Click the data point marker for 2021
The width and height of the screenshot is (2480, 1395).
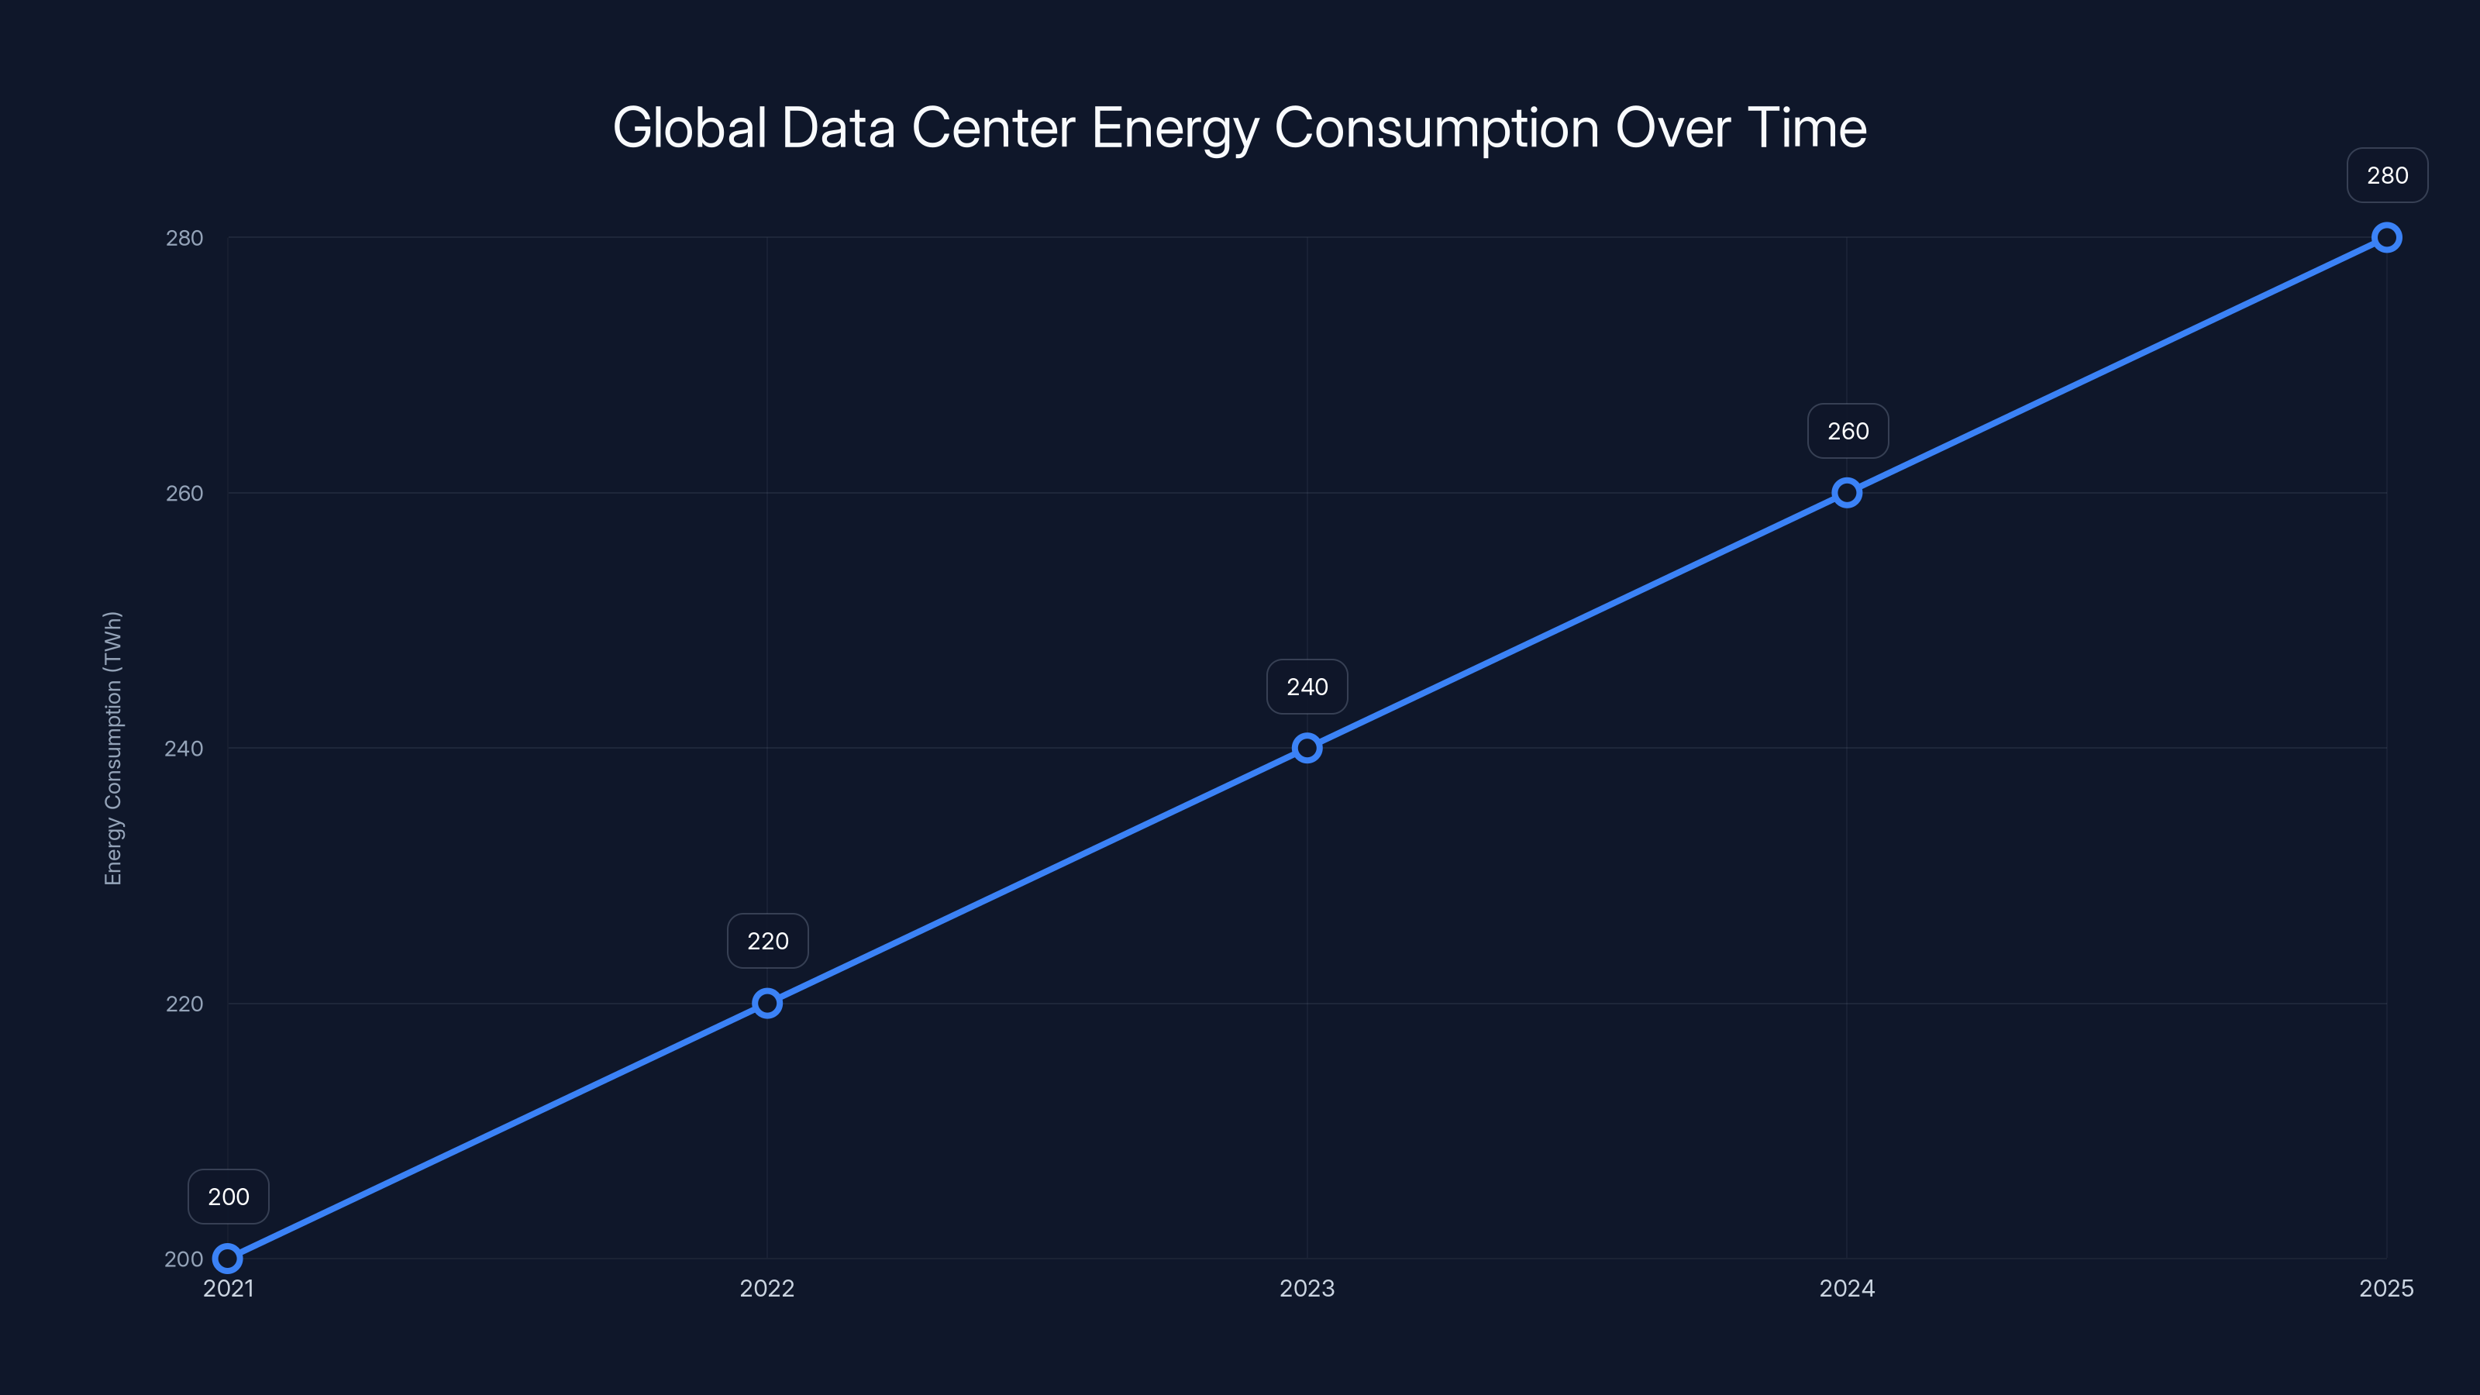pos(227,1259)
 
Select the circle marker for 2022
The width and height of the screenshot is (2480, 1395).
pos(767,1003)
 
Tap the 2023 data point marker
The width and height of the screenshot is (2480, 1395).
pos(1307,748)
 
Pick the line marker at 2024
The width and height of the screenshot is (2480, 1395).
pos(1847,493)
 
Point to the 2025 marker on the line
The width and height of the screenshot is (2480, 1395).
pos(2387,238)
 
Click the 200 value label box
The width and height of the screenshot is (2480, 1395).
pos(228,1197)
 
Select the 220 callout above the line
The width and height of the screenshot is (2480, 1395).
pos(767,941)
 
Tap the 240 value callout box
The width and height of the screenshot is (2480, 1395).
pos(1307,687)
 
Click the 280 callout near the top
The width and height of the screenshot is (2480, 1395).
pos(2387,175)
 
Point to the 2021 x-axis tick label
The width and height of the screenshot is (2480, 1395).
pos(228,1288)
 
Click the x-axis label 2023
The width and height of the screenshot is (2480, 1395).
pos(1307,1288)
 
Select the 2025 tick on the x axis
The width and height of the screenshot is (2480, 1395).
pos(2385,1288)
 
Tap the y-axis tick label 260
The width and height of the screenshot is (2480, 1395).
pos(184,493)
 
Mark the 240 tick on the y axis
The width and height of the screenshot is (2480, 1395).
pos(184,748)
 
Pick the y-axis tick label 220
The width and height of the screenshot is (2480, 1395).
pos(184,1003)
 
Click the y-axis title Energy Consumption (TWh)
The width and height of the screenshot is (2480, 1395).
pos(114,748)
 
